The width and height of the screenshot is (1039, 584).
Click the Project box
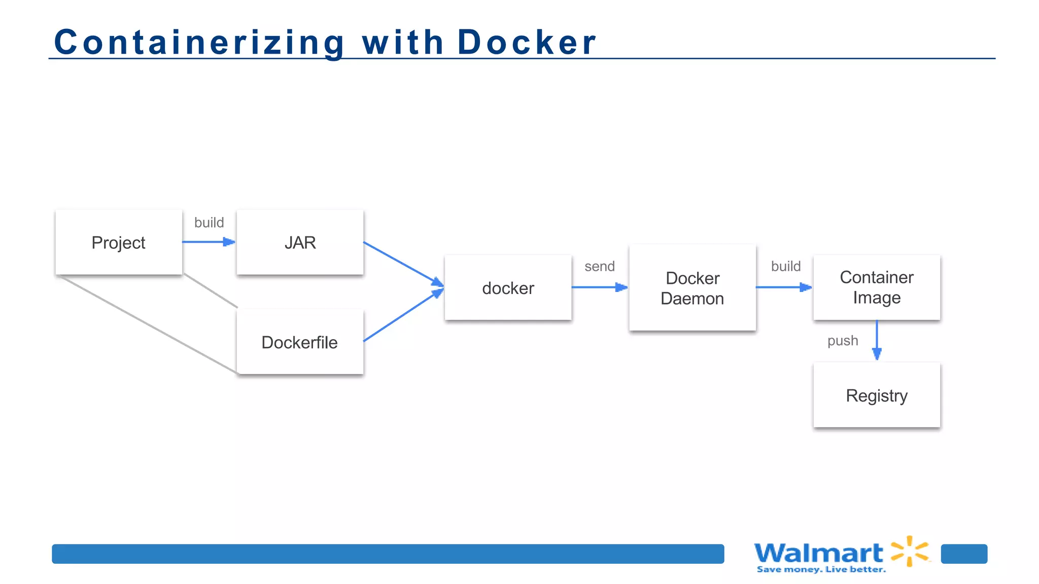click(x=119, y=242)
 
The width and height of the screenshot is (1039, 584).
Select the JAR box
click(x=300, y=242)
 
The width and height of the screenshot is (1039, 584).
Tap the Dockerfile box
click(x=300, y=342)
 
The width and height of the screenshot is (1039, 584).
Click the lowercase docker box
click(x=508, y=288)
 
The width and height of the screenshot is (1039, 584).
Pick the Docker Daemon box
click(x=692, y=288)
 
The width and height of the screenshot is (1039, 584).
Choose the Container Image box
click(x=877, y=287)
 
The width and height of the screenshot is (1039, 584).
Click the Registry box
click(x=877, y=395)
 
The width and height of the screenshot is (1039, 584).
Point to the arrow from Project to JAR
click(x=208, y=242)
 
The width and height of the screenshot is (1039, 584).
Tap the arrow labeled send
click(x=599, y=287)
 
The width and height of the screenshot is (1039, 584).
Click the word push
click(x=843, y=341)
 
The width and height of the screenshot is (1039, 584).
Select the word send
click(x=599, y=266)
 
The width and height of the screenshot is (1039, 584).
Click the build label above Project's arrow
click(x=209, y=223)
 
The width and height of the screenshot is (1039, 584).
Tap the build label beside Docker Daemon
click(x=786, y=266)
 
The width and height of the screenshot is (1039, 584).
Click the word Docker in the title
click(x=527, y=42)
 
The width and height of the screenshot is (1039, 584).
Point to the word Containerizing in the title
click(x=199, y=42)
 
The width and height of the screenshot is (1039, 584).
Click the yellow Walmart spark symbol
click(x=910, y=551)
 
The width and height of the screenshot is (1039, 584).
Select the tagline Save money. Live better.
click(x=821, y=570)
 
